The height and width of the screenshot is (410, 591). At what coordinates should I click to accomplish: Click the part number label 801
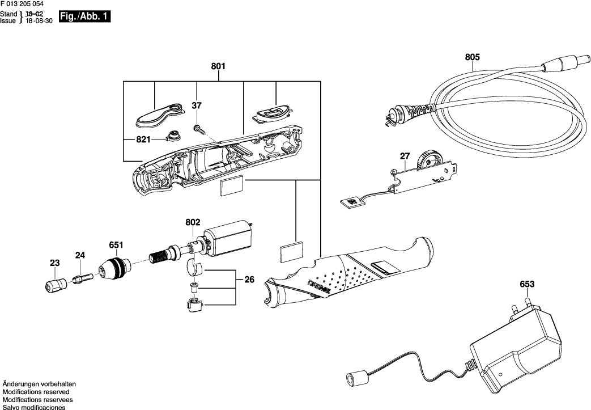(x=218, y=66)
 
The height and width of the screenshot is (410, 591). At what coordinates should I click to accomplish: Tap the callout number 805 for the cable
(x=472, y=57)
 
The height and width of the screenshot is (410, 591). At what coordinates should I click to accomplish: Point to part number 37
(x=197, y=105)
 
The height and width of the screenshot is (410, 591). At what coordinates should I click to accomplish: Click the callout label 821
(x=143, y=140)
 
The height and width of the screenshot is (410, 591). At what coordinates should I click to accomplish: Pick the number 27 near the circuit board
(x=405, y=156)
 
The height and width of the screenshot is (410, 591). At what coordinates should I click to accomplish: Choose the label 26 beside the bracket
(x=249, y=280)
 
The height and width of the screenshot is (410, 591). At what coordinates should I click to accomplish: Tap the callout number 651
(x=116, y=245)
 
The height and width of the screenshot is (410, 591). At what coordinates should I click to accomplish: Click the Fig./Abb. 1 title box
(x=85, y=17)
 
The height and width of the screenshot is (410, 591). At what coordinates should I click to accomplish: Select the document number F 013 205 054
(x=22, y=4)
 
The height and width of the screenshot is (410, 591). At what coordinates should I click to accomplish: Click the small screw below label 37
(x=199, y=130)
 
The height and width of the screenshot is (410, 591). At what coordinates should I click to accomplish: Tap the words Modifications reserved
(x=36, y=392)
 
